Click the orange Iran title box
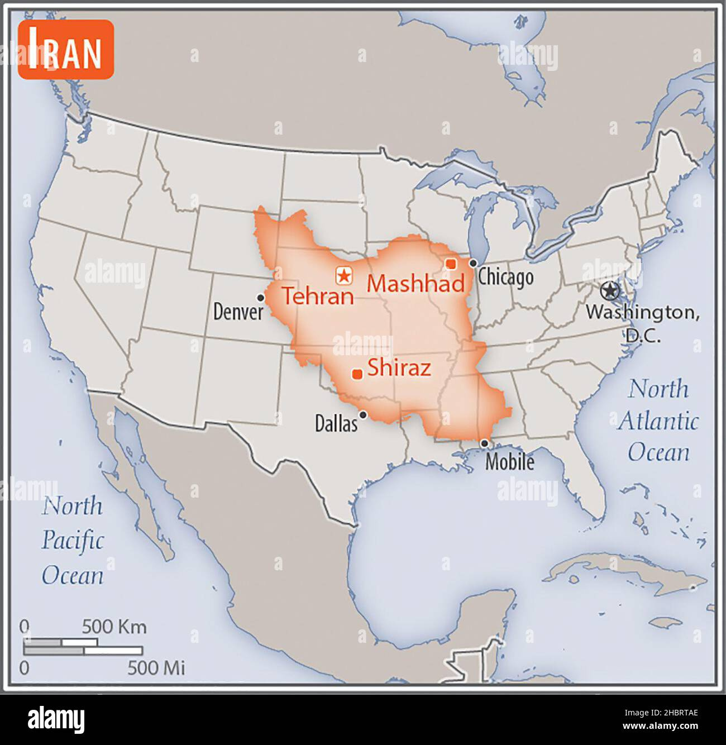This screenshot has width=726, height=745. tap(65, 50)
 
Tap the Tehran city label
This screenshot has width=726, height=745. tap(318, 295)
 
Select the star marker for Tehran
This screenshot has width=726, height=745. tap(344, 275)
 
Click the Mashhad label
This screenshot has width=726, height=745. tap(415, 284)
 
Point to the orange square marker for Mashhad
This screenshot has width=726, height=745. tap(451, 264)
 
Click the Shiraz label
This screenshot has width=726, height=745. tap(399, 368)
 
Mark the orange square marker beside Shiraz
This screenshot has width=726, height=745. tap(357, 374)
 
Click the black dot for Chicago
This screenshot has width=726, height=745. tap(473, 263)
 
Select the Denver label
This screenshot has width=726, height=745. tap(238, 312)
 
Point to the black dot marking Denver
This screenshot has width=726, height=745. tap(260, 298)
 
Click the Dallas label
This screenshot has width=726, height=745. tap(336, 424)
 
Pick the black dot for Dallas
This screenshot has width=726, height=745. tap(363, 414)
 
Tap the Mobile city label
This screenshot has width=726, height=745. tap(509, 462)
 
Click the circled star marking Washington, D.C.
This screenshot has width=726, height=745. tap(610, 290)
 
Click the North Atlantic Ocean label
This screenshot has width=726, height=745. tap(658, 421)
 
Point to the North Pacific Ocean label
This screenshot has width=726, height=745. tap(73, 541)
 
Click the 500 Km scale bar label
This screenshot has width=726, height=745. tap(114, 627)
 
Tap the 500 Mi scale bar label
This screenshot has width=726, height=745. tap(156, 667)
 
